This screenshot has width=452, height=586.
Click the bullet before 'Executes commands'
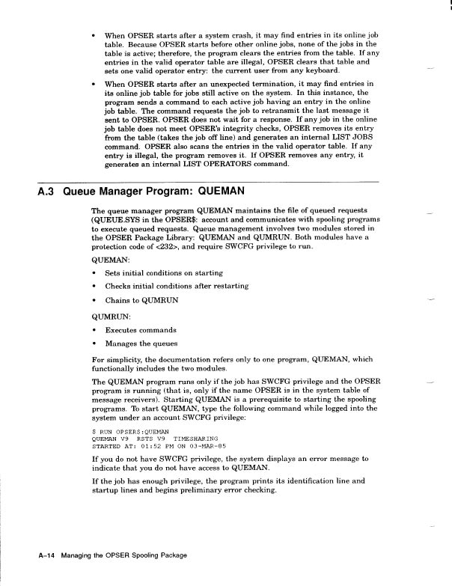coord(94,330)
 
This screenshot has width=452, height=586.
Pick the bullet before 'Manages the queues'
coord(94,344)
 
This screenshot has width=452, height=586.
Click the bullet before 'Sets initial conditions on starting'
coord(94,275)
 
